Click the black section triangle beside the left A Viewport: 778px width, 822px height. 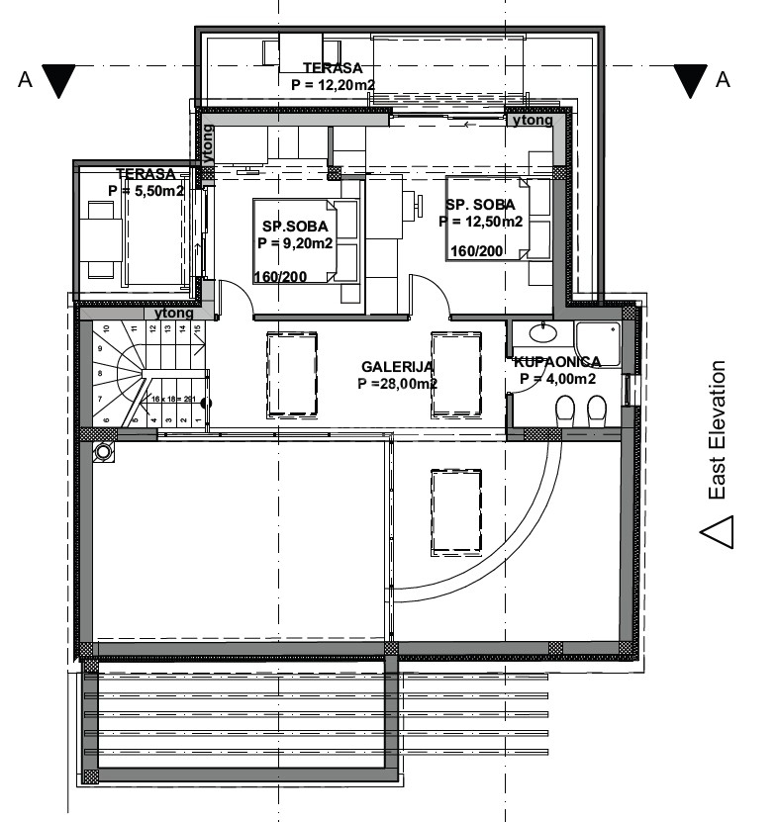60,80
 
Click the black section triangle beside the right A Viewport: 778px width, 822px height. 691,80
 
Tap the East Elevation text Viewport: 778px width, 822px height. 717,429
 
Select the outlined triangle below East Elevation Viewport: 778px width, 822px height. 718,531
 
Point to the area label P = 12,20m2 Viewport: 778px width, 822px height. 333,85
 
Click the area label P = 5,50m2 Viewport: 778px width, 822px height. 146,191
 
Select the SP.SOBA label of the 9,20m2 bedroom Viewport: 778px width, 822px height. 294,225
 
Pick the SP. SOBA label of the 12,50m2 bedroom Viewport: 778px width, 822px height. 480,205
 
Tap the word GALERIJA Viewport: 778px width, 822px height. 397,366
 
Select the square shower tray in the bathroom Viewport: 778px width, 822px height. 598,345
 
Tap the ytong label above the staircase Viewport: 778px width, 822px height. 174,313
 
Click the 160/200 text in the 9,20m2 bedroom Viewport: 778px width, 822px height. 280,276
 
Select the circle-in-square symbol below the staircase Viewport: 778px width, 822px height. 103,451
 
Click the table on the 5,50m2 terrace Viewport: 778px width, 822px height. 101,237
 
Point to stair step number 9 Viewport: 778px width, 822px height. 99,348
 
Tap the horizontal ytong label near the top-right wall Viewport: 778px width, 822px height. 533,120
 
